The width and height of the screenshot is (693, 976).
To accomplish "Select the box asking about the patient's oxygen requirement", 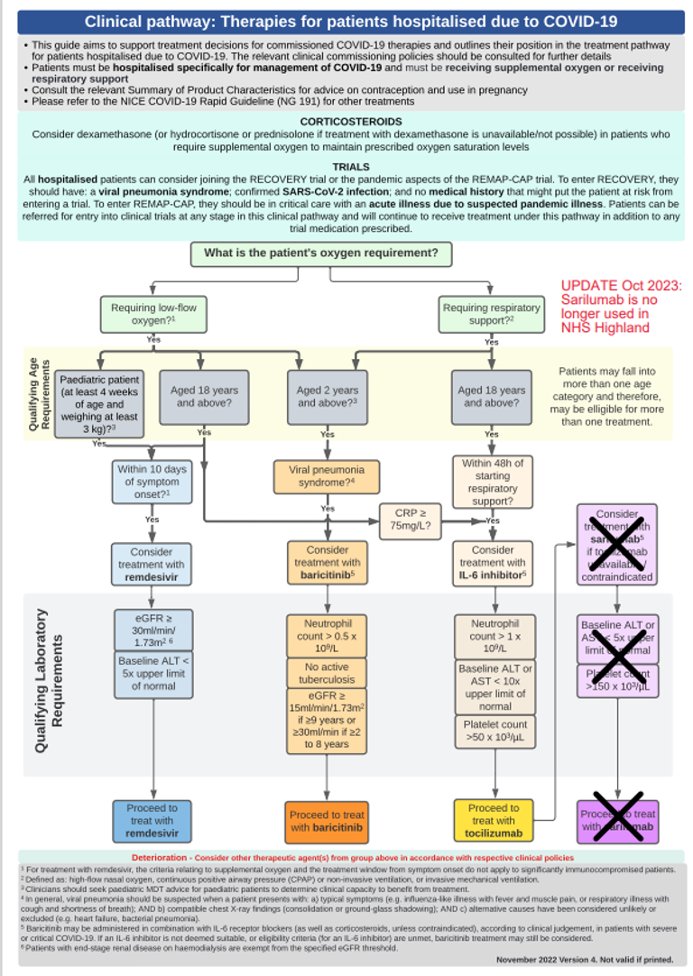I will tap(320, 253).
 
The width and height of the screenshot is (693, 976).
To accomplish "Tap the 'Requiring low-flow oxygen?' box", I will tap(152, 315).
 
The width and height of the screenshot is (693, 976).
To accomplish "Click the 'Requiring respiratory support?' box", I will tap(491, 315).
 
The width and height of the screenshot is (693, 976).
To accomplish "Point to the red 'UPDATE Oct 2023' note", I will tap(621, 307).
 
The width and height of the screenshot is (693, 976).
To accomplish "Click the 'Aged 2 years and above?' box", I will tap(328, 397).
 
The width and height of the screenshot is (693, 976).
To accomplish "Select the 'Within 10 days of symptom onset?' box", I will tap(152, 483).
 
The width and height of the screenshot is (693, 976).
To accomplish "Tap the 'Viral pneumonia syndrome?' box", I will tap(327, 477).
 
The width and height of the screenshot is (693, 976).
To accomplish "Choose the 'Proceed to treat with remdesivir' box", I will tap(152, 821).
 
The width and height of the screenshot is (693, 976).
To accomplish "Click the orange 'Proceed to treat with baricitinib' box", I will tap(327, 821).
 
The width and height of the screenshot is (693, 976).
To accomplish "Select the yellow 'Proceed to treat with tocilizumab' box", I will tap(493, 821).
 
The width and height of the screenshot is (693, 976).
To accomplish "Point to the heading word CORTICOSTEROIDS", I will tap(350, 122).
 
